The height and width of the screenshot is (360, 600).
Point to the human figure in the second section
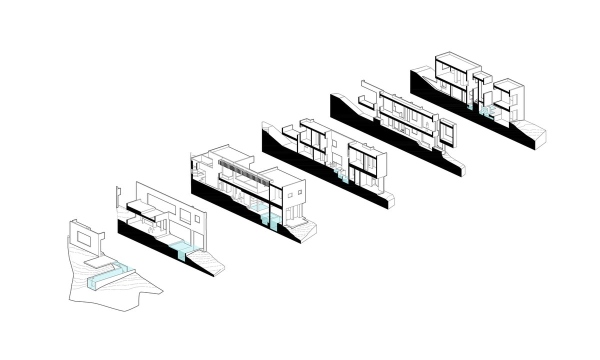tap(151, 229)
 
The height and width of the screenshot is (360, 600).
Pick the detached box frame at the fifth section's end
tap(447, 131)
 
